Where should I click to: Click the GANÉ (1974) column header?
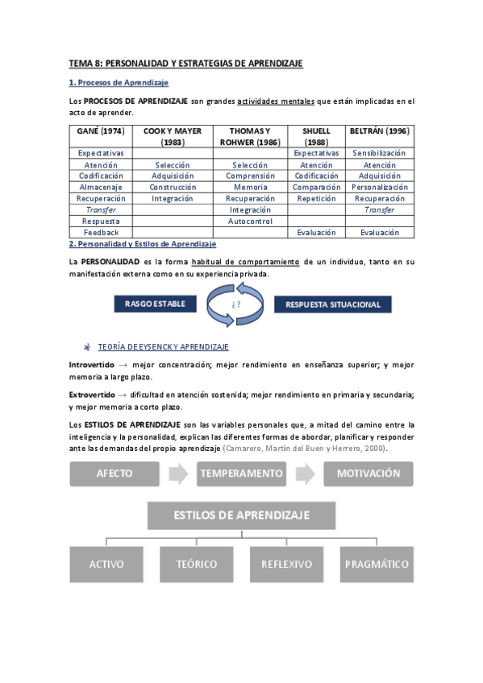point(101,130)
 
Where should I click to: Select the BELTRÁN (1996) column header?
point(379,130)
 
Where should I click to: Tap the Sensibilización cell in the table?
point(379,152)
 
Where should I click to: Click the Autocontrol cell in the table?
point(250,220)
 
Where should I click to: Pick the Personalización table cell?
point(379,186)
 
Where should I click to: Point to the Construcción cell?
point(173,186)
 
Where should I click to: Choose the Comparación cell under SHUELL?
point(316,186)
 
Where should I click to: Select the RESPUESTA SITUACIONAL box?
point(333,304)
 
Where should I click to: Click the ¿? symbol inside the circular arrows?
point(236,304)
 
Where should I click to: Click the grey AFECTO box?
point(115,474)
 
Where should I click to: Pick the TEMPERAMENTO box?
point(241,474)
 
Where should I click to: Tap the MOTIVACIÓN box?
point(368,474)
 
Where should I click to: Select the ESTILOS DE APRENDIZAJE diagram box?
point(241,515)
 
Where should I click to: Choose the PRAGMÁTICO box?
point(377,564)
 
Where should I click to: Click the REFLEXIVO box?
point(286,564)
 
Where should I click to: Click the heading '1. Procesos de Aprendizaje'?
point(119,83)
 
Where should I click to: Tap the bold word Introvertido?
point(93,365)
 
